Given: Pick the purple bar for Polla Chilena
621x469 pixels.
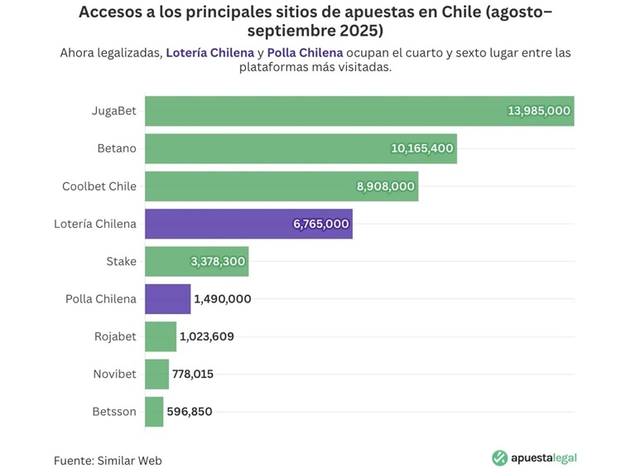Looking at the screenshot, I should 167,299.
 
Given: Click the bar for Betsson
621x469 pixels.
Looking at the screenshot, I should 154,412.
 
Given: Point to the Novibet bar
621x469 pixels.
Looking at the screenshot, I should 156,375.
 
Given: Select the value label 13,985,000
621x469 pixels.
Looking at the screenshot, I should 538,111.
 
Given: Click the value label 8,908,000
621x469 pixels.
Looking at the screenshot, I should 385,186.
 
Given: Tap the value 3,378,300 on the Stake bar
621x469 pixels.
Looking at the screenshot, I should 218,262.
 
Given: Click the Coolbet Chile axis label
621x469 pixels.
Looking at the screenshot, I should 99,186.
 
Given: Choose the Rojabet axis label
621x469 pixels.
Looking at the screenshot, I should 115,337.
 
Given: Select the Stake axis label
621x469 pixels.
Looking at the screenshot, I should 121,262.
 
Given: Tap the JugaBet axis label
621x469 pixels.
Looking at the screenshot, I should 114,111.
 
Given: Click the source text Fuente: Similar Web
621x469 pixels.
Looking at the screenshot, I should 108,460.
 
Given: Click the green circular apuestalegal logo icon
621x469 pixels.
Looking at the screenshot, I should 499,458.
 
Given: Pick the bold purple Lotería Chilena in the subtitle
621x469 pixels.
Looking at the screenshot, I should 209,52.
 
